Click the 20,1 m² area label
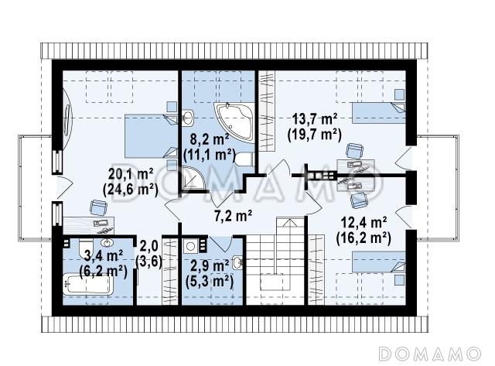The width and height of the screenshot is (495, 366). pos(131,174)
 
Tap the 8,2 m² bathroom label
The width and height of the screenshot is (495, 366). pos(209,139)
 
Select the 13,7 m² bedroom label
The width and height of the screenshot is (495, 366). pos(315,119)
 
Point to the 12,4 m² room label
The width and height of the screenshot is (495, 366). pos(364,223)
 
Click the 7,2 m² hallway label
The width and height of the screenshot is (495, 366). pos(233,216)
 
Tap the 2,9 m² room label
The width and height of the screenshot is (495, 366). pos(210,266)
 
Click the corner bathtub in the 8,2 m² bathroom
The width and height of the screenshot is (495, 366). pos(234,121)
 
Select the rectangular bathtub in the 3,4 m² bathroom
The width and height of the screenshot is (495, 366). pos(87,285)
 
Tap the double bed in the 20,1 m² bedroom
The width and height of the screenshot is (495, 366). pos(151,135)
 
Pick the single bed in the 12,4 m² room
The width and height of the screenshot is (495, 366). pos(378,262)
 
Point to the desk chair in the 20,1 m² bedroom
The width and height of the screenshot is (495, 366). pos(98,207)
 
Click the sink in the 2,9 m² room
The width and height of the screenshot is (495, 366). pos(237,262)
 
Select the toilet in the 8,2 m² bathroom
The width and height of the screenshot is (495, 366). pos(244,159)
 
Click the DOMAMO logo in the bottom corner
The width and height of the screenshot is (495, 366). pos(430,354)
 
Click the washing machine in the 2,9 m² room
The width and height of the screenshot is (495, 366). pos(190,246)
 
